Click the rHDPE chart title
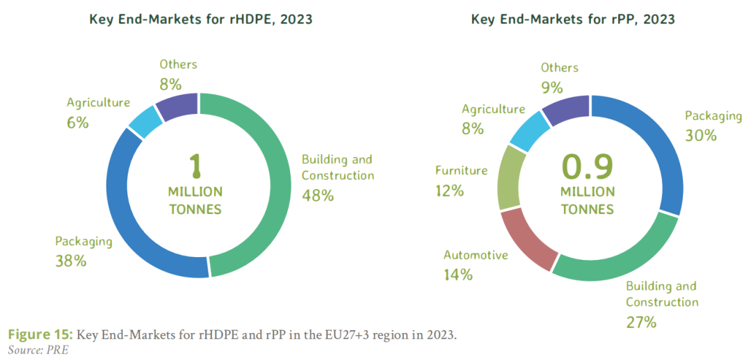200,19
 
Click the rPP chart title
573,19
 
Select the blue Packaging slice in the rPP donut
650,146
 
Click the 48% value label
318,195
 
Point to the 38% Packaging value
71,261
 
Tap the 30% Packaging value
700,136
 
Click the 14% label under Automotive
458,275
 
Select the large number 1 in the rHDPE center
195,165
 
